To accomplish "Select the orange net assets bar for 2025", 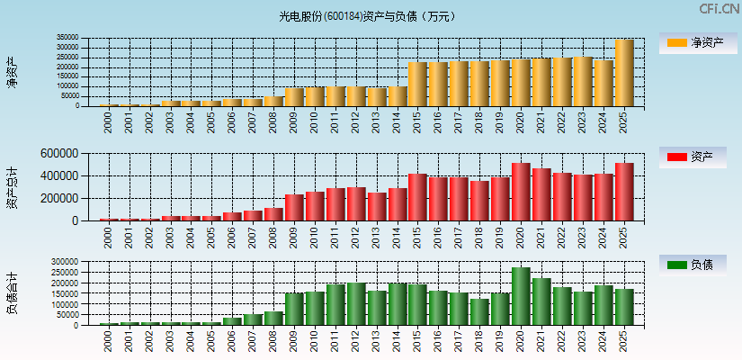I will tap(624, 73).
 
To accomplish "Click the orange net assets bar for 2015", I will tap(417, 84).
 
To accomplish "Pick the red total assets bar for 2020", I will tap(521, 192).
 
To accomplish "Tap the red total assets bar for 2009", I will tap(294, 207).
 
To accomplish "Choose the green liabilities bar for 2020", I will tap(521, 296).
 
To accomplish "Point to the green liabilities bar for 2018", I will tap(479, 311).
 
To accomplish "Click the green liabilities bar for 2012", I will tap(356, 303).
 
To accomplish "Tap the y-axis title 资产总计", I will tap(12, 187).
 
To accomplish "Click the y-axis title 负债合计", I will tap(12, 293).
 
